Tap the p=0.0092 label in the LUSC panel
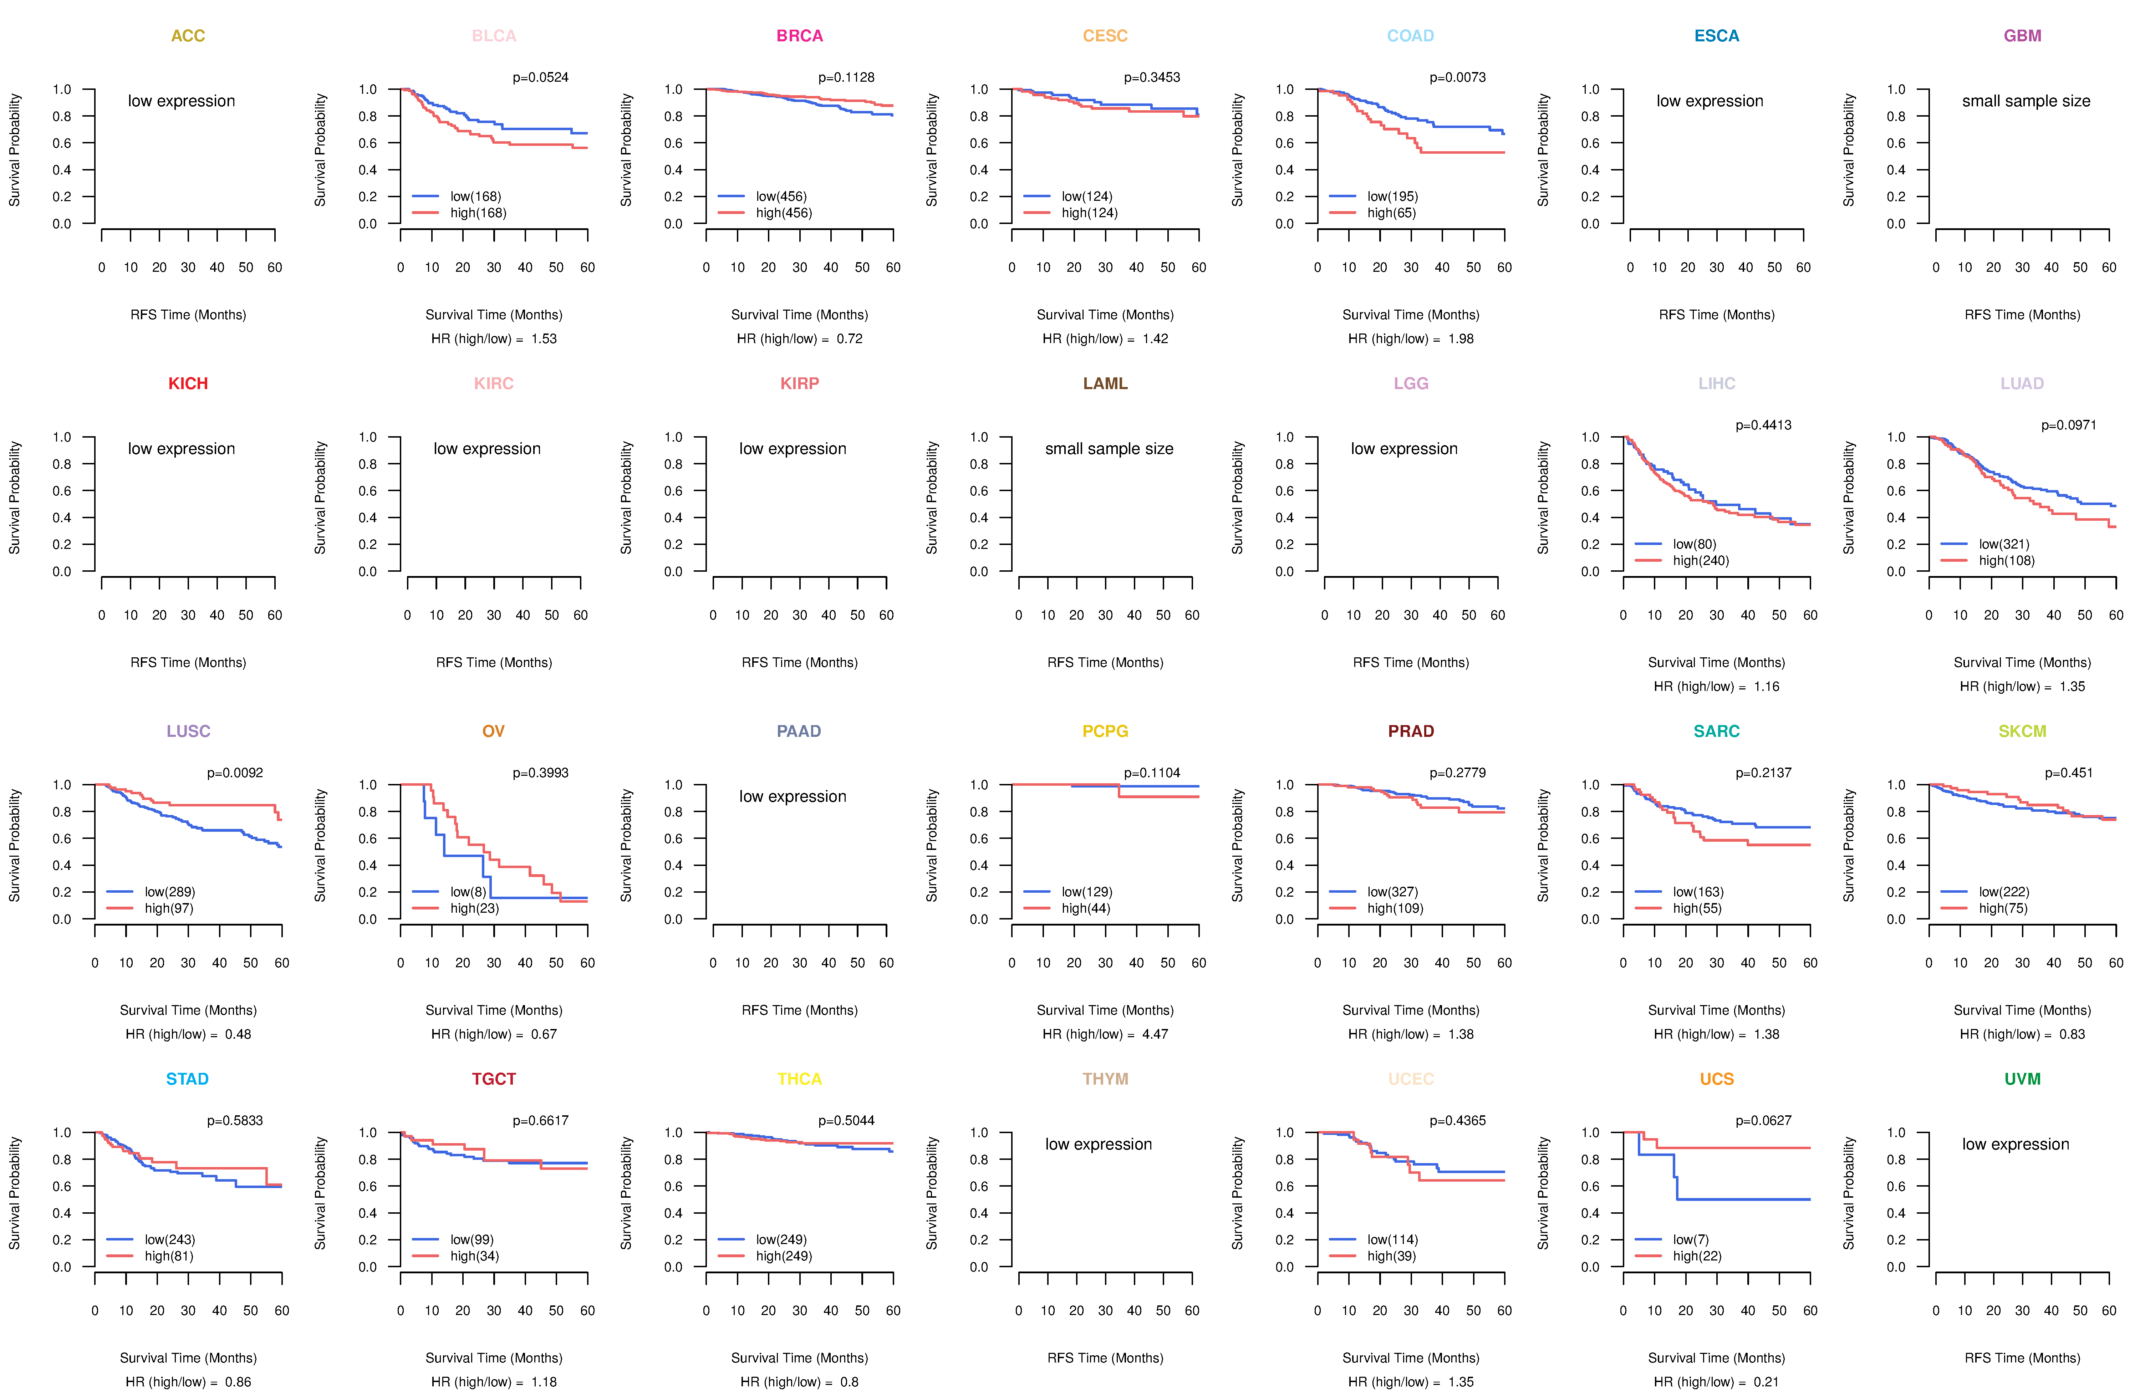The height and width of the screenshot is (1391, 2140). tap(235, 773)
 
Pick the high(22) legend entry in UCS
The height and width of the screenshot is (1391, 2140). tap(1697, 1256)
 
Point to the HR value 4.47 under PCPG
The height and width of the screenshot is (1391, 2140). tap(1155, 1034)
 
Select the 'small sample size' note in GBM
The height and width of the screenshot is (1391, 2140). tap(2026, 101)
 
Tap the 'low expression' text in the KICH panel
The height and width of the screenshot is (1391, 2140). tap(182, 449)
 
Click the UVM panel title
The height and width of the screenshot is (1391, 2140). tap(2022, 1079)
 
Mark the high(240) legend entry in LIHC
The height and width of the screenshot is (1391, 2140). tap(1700, 560)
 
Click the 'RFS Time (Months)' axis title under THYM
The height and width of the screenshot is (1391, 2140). tap(1105, 1358)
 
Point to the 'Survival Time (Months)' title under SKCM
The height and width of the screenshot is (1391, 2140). tap(2022, 1010)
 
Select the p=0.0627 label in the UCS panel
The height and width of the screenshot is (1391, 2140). tap(1763, 1120)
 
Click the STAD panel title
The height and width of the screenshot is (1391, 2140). tap(187, 1079)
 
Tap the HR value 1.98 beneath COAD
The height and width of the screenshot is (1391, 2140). tap(1461, 339)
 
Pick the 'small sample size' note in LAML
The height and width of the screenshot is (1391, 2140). tap(1109, 449)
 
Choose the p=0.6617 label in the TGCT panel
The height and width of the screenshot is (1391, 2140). tap(540, 1120)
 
